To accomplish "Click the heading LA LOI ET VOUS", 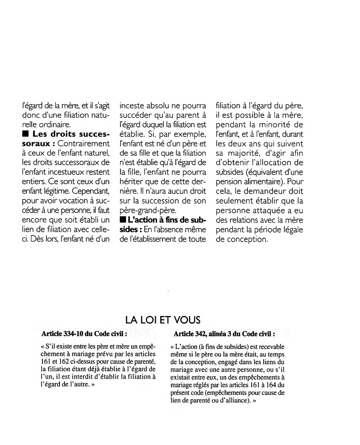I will (x=163, y=320).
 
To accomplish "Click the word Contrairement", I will (x=84, y=144).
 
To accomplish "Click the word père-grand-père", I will (x=146, y=211).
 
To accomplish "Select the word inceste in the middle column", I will (x=132, y=106).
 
